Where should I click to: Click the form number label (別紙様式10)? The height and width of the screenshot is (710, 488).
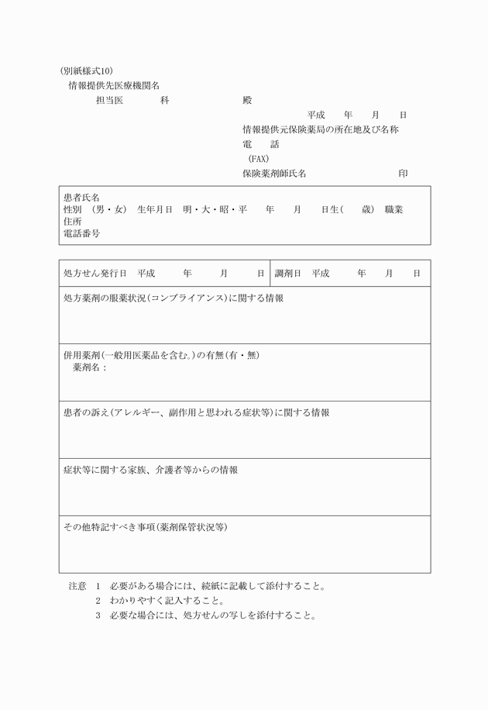coord(91,71)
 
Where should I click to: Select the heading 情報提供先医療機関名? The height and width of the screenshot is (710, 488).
coord(114,86)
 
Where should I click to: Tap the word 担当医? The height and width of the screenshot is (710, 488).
coord(108,101)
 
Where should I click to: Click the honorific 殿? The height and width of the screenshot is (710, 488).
coord(247,101)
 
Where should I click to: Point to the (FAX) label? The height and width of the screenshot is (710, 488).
coord(258,159)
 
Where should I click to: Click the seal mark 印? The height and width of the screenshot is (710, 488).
coord(403,174)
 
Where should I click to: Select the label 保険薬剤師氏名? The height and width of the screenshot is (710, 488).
coord(274,174)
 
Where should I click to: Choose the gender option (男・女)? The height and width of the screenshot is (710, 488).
coord(108,210)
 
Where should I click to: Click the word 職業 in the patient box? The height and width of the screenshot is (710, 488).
coord(393,210)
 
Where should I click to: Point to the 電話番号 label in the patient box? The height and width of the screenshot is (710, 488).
coord(81,233)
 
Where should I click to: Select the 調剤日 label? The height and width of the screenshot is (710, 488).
coord(288,274)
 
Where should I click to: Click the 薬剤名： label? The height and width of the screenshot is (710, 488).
coord(90,367)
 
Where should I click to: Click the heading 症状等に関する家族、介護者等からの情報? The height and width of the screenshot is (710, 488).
coord(150,470)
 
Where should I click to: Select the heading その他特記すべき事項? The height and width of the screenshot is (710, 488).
coord(109,528)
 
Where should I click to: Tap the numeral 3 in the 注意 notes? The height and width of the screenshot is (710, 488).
coord(98,616)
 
